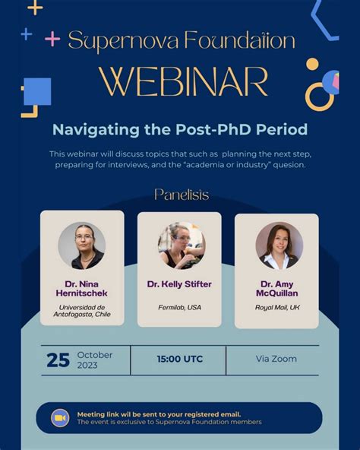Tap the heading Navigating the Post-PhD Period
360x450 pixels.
179,129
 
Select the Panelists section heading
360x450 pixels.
182,195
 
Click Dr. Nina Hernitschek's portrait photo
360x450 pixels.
81,245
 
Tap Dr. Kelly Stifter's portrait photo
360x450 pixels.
181,246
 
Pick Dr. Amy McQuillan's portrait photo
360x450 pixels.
279,246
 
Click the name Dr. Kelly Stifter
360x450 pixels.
180,284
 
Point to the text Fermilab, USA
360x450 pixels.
179,307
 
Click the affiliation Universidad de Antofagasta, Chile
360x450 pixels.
81,311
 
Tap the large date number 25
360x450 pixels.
58,360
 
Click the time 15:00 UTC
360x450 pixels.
180,359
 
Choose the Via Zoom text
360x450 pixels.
276,359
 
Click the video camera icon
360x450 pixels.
60,417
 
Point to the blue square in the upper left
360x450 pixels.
37,91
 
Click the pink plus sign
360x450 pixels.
52,38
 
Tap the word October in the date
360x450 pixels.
95,354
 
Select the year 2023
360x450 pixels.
88,365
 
